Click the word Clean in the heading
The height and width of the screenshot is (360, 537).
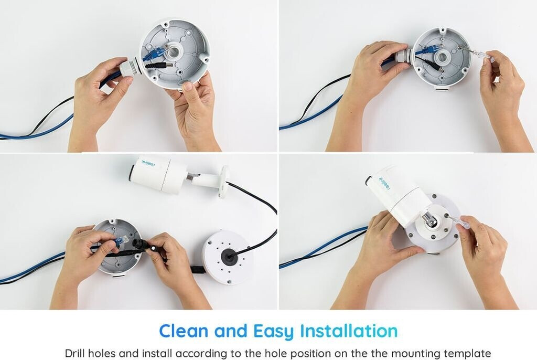click(x=184, y=331)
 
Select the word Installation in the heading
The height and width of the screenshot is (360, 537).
click(x=349, y=331)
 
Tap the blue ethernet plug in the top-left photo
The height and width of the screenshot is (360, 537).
click(x=155, y=53)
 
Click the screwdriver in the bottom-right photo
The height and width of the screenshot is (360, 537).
click(x=456, y=220)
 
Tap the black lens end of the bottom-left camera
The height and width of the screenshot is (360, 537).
click(x=132, y=172)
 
